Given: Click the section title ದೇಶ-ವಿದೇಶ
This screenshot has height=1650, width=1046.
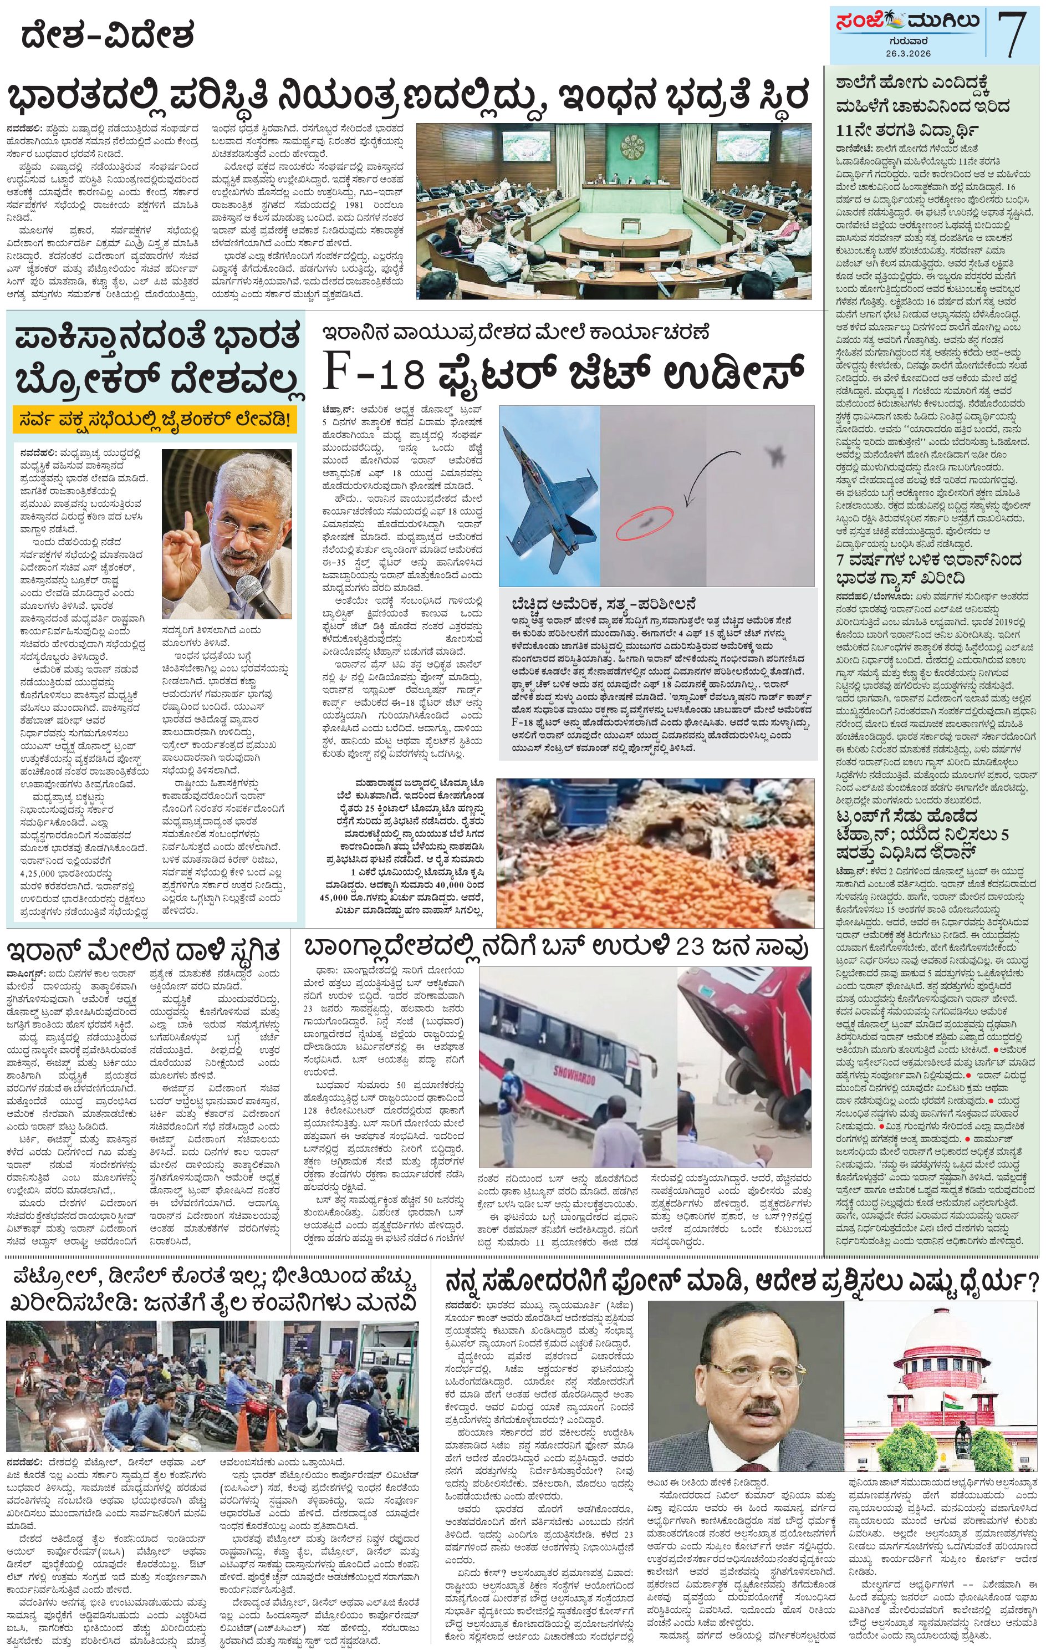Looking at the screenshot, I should [x=108, y=34].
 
